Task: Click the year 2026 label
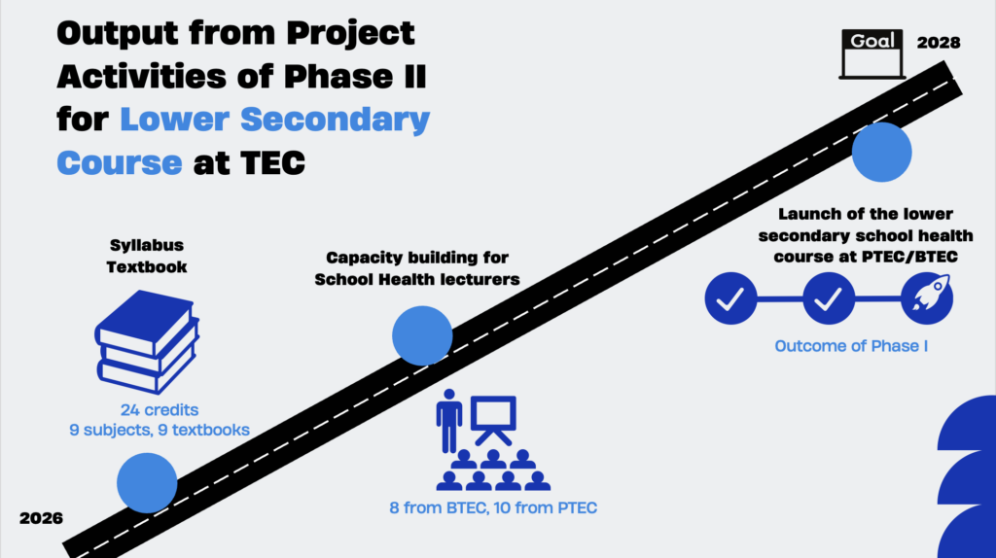(x=41, y=518)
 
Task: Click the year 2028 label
(x=939, y=43)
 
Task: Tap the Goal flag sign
(x=872, y=54)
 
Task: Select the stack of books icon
(x=147, y=342)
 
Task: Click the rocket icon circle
(x=927, y=298)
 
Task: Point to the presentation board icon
(x=493, y=420)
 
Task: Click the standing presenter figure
(x=449, y=421)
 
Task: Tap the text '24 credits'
(x=160, y=410)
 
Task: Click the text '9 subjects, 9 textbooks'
(x=160, y=430)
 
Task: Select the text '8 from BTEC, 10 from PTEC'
(x=493, y=507)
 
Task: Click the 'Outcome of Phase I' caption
(x=851, y=346)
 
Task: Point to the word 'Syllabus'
(x=147, y=245)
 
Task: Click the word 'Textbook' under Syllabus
(x=147, y=266)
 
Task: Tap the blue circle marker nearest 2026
(x=147, y=483)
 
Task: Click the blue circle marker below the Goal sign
(x=881, y=153)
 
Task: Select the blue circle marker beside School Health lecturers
(x=422, y=335)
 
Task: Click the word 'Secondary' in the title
(x=335, y=120)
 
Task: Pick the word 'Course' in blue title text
(x=120, y=163)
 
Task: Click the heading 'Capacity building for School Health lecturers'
(x=417, y=268)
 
